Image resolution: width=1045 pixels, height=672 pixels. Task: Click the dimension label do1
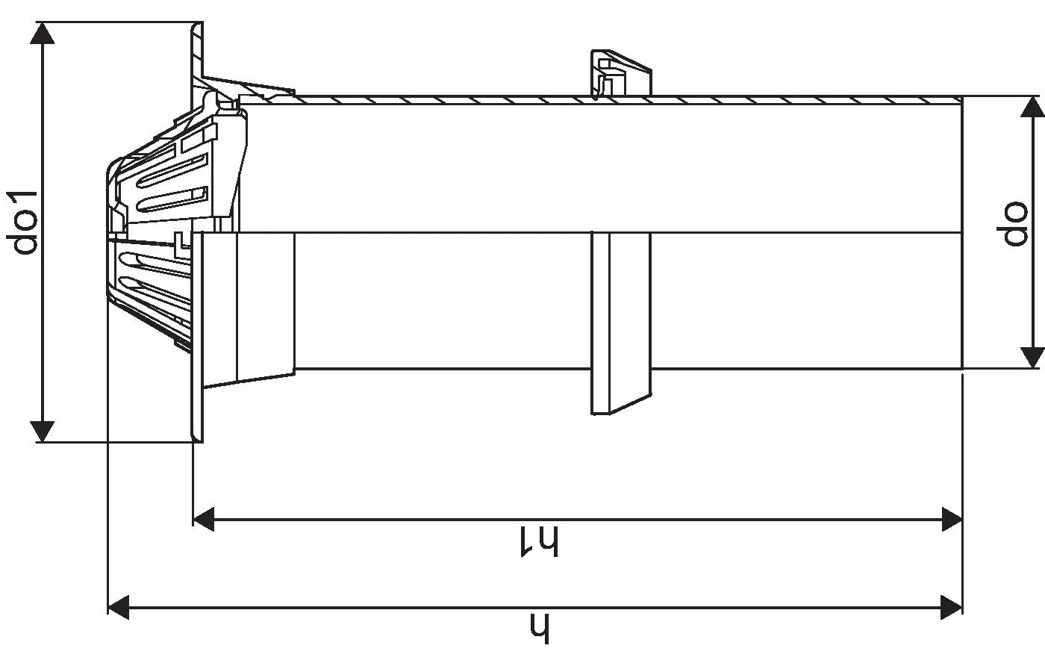[x=22, y=223]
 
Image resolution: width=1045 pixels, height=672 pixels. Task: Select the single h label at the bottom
[x=540, y=629]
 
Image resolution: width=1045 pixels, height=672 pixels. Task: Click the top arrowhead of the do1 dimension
[x=43, y=33]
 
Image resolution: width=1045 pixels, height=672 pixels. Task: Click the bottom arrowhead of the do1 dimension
[x=43, y=432]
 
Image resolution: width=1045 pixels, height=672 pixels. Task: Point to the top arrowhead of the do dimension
[x=1032, y=107]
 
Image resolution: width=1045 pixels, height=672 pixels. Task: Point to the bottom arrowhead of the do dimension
[x=1032, y=358]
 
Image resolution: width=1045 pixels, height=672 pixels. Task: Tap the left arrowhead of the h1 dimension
[x=203, y=519]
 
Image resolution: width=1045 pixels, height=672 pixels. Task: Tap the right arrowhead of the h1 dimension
[x=952, y=519]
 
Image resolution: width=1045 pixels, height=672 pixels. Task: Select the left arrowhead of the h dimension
[x=119, y=607]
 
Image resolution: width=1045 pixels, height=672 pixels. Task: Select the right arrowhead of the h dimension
[x=952, y=607]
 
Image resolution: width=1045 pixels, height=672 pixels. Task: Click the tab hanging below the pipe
[x=620, y=323]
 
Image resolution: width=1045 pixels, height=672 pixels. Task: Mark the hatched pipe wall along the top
[x=626, y=100]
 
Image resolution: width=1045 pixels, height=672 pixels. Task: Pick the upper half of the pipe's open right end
[x=962, y=164]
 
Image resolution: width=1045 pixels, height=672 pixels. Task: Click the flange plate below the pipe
[x=197, y=337]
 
